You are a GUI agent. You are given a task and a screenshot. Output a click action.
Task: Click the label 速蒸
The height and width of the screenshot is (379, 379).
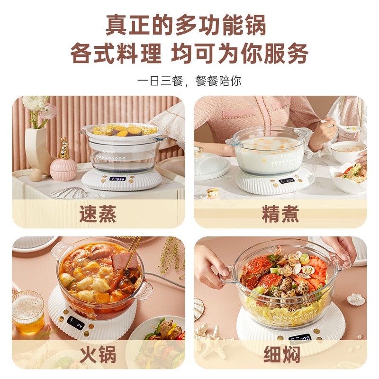tap(98, 215)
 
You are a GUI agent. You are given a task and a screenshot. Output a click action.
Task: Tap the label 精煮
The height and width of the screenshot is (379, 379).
tap(280, 215)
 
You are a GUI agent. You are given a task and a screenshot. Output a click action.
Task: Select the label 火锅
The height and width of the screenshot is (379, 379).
tap(98, 355)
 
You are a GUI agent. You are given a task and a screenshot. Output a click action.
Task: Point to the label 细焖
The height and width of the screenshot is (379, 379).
tap(280, 355)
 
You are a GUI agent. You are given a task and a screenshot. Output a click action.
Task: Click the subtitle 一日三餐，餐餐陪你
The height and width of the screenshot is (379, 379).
tap(189, 81)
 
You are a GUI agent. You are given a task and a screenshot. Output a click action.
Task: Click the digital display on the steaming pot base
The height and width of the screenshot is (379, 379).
tap(117, 180)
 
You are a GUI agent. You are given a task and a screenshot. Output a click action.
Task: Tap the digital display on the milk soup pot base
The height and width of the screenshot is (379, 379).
tap(286, 181)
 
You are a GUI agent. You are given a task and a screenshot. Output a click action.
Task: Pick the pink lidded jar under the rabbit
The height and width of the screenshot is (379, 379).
tap(63, 170)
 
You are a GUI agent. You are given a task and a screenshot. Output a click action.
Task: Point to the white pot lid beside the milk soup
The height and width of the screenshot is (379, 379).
tap(211, 165)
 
